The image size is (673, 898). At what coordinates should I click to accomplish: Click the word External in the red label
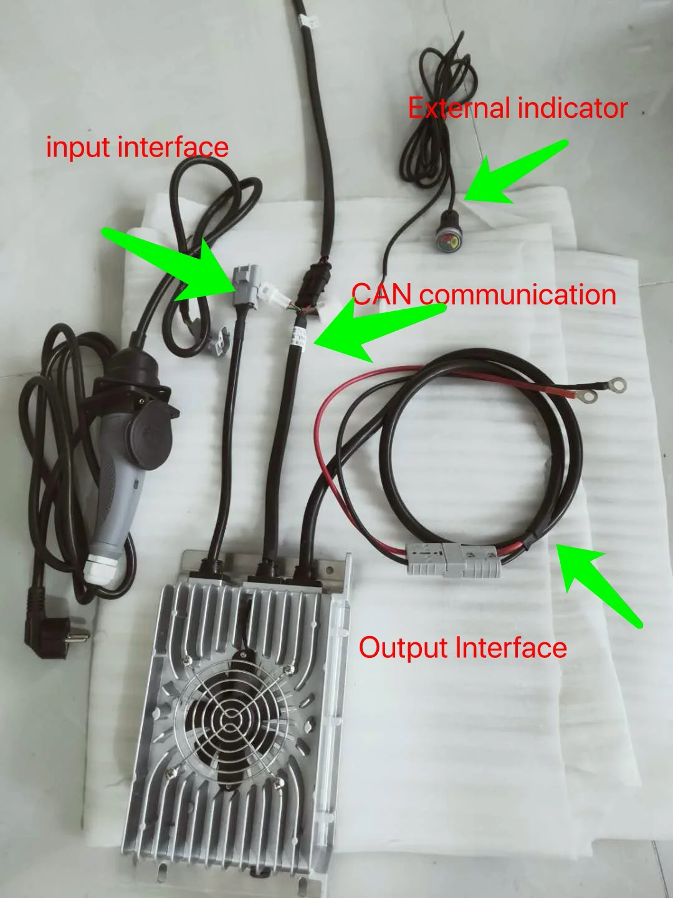point(459,109)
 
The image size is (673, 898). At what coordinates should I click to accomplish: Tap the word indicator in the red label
point(572,109)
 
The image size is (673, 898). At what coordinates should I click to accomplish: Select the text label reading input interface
point(137,147)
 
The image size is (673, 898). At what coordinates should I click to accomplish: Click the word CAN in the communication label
point(382,294)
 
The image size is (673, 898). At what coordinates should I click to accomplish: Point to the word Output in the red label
point(404,648)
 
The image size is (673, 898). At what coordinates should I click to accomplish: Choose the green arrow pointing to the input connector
point(174,262)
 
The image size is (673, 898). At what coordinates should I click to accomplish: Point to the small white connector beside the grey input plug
point(274,293)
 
